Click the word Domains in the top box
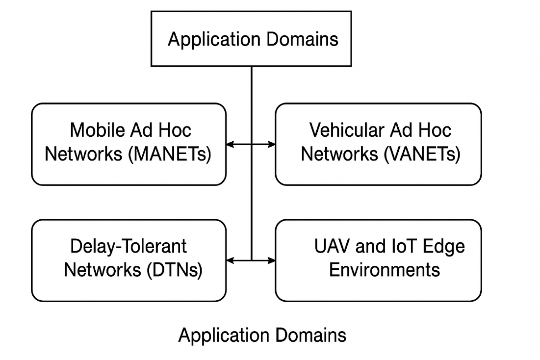[x=302, y=39]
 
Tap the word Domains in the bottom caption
[x=310, y=335]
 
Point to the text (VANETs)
[x=422, y=154]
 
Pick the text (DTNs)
[x=175, y=270]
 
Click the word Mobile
[x=97, y=130]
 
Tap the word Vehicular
[x=347, y=130]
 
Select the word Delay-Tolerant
[x=129, y=246]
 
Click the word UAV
[x=332, y=246]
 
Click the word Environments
[x=385, y=270]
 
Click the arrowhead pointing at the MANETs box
[x=230, y=144]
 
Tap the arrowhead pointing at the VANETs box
[x=272, y=144]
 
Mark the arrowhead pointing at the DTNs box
[x=230, y=260]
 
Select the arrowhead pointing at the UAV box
[x=272, y=260]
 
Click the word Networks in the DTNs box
[x=103, y=270]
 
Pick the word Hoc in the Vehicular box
[x=435, y=130]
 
